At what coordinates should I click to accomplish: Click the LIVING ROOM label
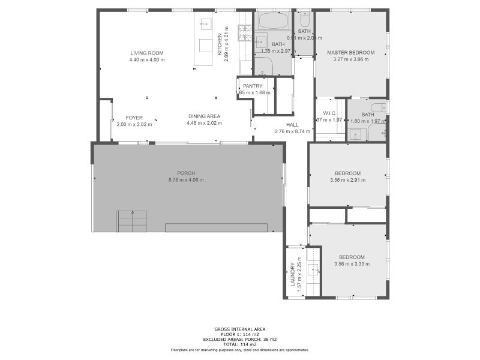tap(147, 53)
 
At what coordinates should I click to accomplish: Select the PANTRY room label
tap(253, 86)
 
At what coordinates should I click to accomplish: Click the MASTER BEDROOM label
tap(350, 53)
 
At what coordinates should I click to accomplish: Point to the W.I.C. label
tap(329, 113)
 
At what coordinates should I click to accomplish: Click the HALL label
tap(292, 125)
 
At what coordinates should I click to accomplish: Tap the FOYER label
tap(134, 118)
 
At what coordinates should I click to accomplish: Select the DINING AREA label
tap(204, 116)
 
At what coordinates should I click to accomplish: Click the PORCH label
tap(186, 173)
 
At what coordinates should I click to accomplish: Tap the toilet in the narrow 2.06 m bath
tap(304, 19)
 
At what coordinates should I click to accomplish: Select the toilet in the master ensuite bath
tap(381, 109)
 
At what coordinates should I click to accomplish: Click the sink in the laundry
tap(313, 269)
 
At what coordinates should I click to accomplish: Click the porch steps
tap(131, 221)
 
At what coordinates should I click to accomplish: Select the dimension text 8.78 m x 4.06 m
tap(186, 180)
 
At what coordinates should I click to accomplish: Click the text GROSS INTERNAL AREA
tap(240, 329)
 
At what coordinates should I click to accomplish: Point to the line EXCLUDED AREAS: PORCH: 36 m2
tap(240, 339)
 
